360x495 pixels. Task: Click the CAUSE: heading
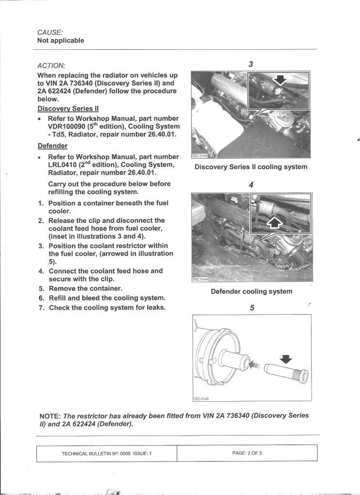pos(50,32)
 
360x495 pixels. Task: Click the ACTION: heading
pos(51,65)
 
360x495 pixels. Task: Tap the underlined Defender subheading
pos(52,146)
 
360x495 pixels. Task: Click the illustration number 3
pos(251,64)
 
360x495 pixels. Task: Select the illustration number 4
pos(251,185)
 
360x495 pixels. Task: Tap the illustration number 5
pos(252,308)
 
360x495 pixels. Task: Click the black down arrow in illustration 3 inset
pos(281,79)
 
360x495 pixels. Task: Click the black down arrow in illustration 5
pos(287,359)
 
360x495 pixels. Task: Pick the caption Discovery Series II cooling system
pos(251,167)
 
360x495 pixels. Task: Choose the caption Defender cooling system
pos(251,291)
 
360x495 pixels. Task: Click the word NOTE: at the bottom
pos(50,416)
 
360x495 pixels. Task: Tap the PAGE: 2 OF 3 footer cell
pos(247,453)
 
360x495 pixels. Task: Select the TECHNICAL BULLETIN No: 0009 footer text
pos(106,453)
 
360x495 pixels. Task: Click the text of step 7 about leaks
pos(107,308)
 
